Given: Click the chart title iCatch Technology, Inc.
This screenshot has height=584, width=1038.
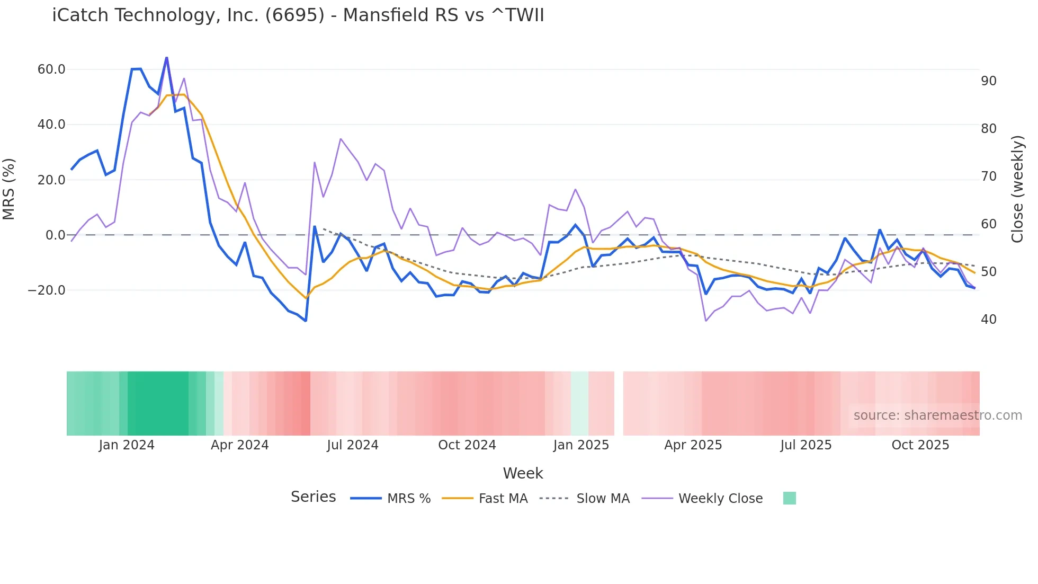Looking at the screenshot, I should [298, 15].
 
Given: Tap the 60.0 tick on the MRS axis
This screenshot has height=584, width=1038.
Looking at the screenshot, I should [51, 69].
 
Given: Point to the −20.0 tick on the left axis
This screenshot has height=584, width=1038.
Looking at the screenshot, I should [47, 290].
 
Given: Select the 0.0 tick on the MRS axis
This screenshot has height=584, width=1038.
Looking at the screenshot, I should [55, 235].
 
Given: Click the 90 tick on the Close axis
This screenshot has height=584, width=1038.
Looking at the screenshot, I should [988, 81].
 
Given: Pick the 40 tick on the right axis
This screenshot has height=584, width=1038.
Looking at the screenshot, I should [988, 320].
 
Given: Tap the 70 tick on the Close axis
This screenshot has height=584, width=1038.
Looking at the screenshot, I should [988, 176].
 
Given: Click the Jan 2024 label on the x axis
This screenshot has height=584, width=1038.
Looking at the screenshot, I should [127, 445].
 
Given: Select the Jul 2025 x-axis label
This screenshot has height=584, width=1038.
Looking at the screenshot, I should [806, 445].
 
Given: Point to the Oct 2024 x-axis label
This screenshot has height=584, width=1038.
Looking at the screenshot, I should [467, 445].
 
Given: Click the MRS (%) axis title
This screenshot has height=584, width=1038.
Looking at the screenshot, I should [9, 189].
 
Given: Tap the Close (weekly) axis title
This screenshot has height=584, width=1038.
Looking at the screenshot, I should [1017, 189].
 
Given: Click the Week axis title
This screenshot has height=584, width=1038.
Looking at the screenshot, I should [523, 473].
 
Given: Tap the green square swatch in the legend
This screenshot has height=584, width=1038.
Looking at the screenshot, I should [789, 498].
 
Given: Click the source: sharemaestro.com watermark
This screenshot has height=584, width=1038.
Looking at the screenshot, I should [937, 415].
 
